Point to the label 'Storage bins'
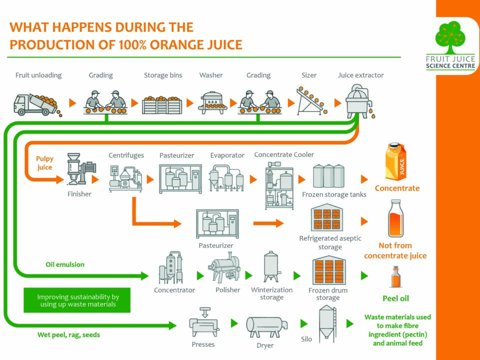(163, 75)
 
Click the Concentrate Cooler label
(284, 154)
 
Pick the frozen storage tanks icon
(328, 176)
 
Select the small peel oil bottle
(395, 277)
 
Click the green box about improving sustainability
(77, 300)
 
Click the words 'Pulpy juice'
(44, 163)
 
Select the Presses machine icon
(204, 324)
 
